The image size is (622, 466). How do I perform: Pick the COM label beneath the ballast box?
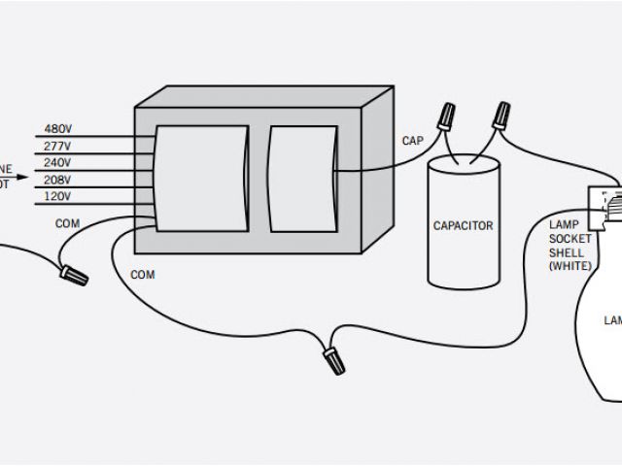coord(142,275)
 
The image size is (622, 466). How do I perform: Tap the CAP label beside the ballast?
coord(412,141)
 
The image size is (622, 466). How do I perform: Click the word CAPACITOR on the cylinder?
coord(463,226)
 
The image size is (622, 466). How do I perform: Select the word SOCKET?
coord(570,239)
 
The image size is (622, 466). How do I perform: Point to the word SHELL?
coord(568,251)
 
